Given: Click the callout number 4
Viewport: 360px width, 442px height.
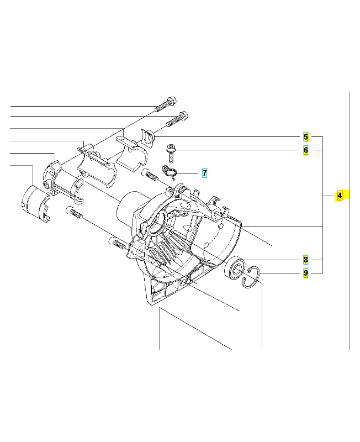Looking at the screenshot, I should (340, 196).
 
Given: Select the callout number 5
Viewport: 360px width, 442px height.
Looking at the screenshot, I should (306, 137).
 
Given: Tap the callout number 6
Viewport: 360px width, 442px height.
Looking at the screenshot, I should (306, 150).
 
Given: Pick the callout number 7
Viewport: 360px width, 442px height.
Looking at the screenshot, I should (204, 173).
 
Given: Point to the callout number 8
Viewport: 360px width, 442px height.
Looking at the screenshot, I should (306, 259).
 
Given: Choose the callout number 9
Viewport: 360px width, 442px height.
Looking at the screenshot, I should (306, 272).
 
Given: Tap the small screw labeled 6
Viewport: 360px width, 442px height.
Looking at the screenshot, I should (171, 149).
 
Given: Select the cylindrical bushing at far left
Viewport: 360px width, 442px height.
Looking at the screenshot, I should (35, 203).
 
